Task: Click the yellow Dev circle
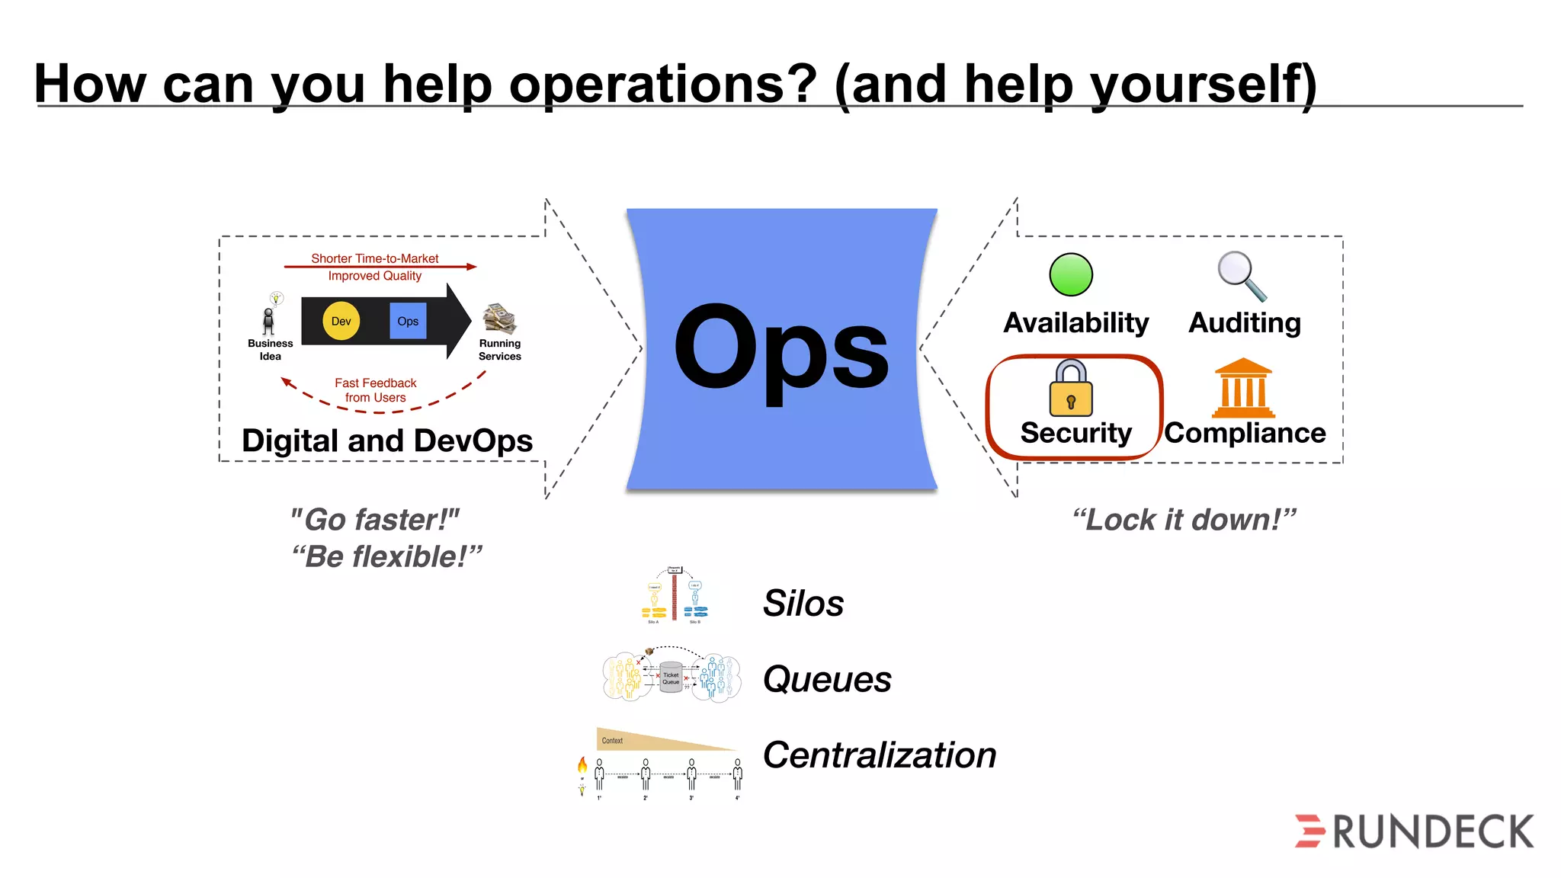tap(341, 321)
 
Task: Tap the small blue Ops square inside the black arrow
tap(408, 321)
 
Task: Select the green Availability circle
tap(1071, 274)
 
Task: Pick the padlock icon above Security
tap(1071, 389)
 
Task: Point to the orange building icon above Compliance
tap(1243, 388)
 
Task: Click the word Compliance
tap(1245, 433)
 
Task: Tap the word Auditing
tap(1245, 323)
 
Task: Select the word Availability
tap(1075, 323)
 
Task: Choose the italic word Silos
tap(803, 604)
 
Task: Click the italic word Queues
tap(827, 679)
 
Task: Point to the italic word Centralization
tap(880, 755)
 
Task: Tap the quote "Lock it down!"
tap(1184, 520)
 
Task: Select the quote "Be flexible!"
tap(386, 557)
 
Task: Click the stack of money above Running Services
tap(500, 319)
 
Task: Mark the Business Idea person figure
tap(268, 321)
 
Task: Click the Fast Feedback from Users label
tap(375, 390)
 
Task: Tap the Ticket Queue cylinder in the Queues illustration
tap(671, 677)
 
